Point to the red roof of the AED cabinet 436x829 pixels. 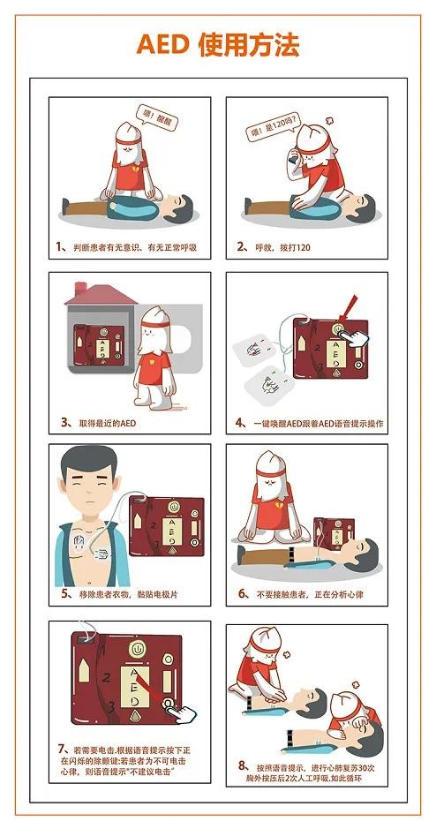101,295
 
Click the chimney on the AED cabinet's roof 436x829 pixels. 81,289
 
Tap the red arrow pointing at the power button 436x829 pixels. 350,308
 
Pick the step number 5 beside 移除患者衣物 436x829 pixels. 66,593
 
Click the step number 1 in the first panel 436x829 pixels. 61,246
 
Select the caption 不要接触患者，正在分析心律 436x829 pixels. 310,594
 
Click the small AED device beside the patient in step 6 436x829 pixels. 334,535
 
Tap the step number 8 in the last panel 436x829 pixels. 243,766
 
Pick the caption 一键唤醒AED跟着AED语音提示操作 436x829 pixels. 317,423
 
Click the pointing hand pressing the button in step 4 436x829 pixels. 352,338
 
